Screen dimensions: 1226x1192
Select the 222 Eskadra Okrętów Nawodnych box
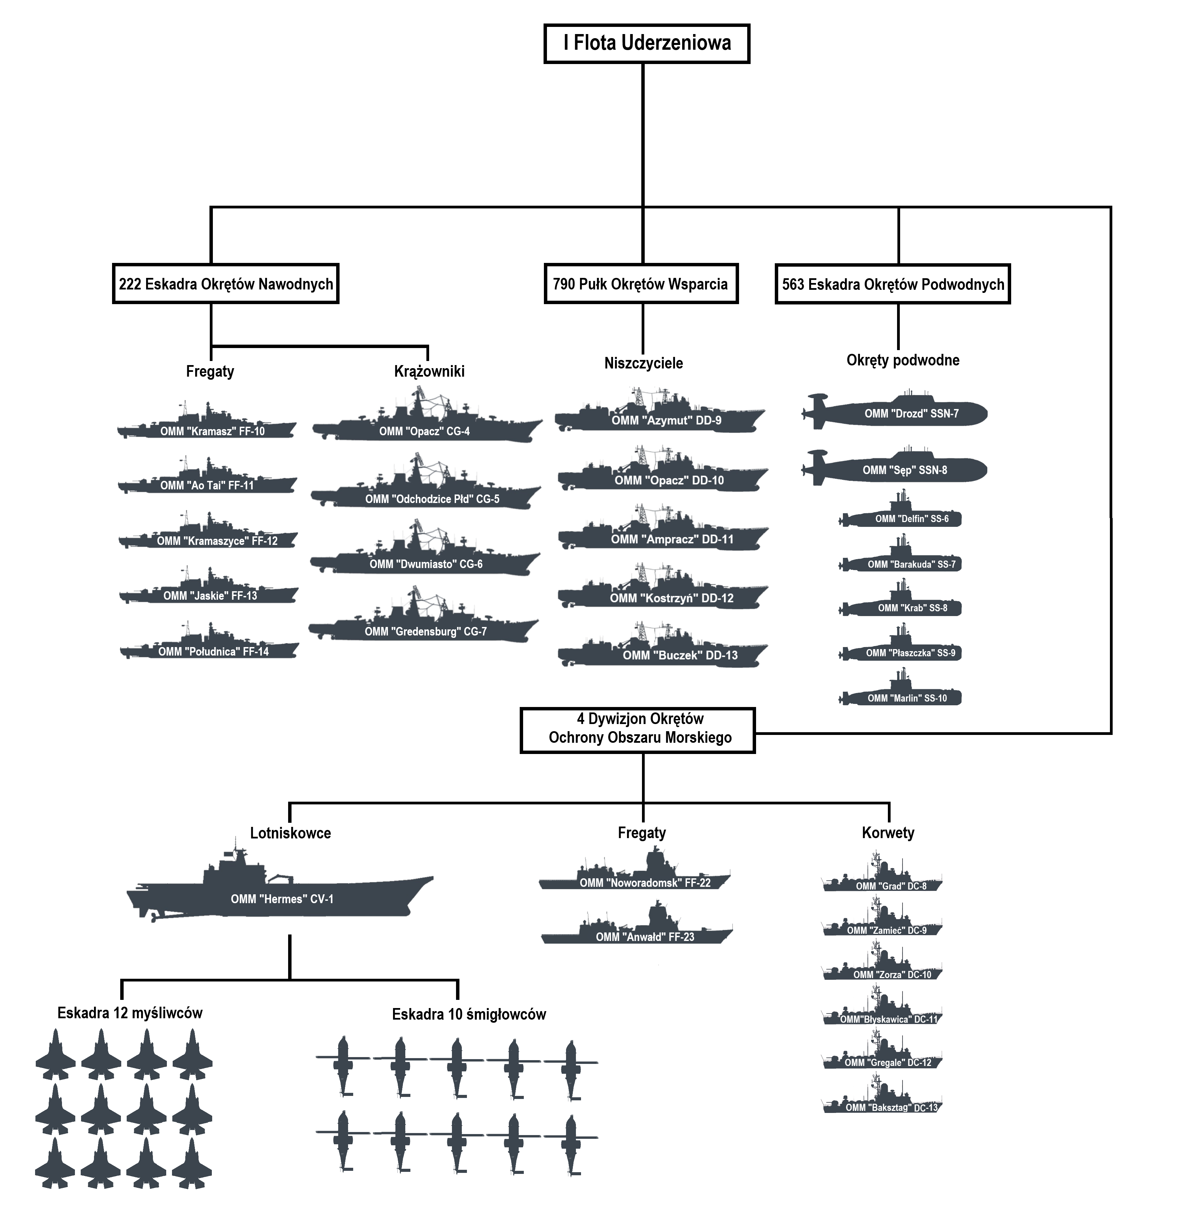pos(225,284)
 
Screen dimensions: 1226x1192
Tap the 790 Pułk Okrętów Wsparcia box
pos(641,284)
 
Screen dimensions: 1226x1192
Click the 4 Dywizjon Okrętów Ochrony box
pos(637,730)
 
